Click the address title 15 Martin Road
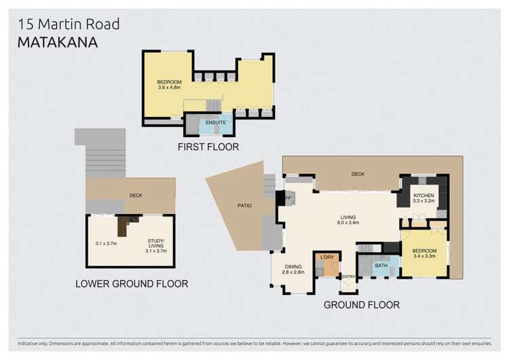[69, 24]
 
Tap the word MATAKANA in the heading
[58, 43]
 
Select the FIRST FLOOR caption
[208, 147]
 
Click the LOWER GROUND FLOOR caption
[132, 284]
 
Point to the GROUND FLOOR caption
[362, 305]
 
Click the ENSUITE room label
[216, 122]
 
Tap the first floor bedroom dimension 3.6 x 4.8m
[169, 88]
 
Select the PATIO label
[244, 206]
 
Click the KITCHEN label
[423, 196]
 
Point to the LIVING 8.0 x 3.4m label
[348, 220]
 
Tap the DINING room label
[293, 267]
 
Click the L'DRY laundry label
[327, 257]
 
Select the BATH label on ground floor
[381, 266]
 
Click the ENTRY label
[349, 276]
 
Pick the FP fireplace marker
[288, 198]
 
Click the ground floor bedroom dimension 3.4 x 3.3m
[424, 256]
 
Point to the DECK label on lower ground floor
[136, 196]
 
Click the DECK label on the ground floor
[358, 174]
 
